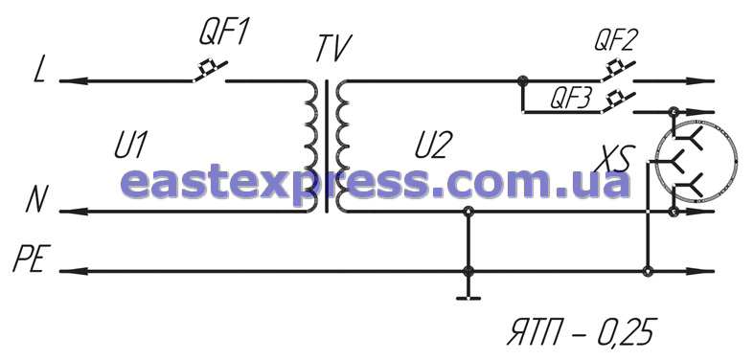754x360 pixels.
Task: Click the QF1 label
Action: tap(224, 34)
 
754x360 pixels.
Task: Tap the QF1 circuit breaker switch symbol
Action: tap(210, 71)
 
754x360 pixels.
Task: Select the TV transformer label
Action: tap(333, 48)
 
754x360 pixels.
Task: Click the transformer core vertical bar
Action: tap(327, 146)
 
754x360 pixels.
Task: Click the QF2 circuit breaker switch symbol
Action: tap(617, 71)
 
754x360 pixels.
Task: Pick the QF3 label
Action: tap(570, 101)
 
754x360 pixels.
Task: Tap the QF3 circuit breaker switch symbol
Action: tap(617, 102)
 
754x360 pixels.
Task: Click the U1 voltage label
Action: tap(130, 146)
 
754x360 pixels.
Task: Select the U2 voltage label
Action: tap(431, 146)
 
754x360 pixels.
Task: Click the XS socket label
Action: tap(612, 159)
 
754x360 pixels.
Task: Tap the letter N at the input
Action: tap(37, 200)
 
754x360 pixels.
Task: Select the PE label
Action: tap(32, 259)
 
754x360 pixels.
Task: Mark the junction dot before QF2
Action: tap(523, 80)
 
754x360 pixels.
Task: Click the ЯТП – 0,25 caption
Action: tap(582, 331)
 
